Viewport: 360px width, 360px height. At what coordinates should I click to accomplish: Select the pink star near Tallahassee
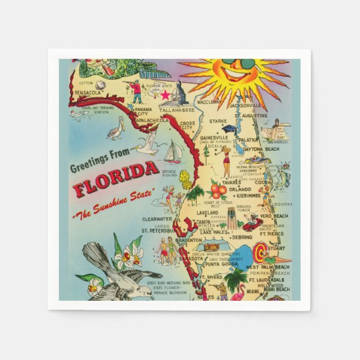165,95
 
